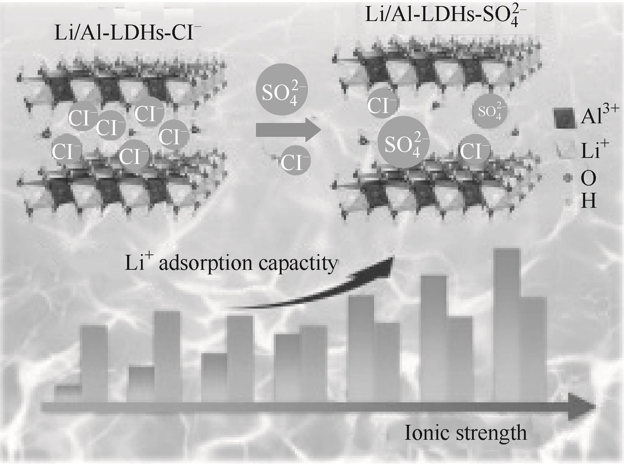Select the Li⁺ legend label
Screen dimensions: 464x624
point(594,150)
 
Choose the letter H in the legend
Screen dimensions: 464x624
point(588,201)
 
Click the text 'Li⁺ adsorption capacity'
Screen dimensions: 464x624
point(231,263)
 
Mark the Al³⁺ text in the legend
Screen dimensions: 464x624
point(599,116)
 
